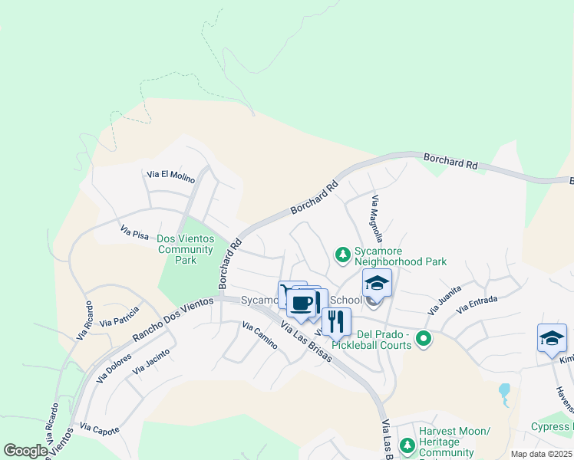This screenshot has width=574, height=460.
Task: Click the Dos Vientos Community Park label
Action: point(185,249)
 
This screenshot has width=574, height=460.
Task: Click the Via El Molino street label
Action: point(171,176)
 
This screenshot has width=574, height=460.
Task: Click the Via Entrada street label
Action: point(477,304)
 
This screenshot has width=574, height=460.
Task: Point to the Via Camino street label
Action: point(259,336)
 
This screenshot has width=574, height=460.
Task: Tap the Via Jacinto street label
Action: point(149,360)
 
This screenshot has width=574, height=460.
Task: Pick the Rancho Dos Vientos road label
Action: point(173,319)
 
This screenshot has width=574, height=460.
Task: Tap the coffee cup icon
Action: point(302,302)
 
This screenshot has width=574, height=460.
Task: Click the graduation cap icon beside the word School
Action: point(377,283)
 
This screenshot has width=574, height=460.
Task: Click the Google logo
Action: point(25,451)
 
